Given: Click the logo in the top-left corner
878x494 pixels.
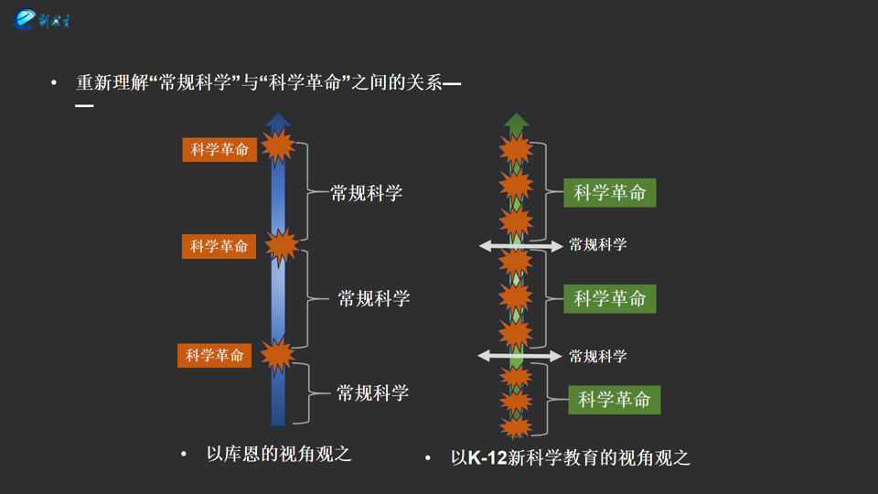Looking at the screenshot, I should click(x=41, y=19).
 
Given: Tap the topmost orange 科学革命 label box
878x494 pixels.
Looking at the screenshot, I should click(x=219, y=149).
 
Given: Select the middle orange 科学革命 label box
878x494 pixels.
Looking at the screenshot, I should click(x=219, y=246).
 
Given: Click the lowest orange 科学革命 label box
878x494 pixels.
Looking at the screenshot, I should click(x=214, y=355).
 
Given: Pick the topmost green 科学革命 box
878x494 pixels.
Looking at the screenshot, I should click(x=609, y=192).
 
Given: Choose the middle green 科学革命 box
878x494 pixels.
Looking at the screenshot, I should click(x=609, y=298).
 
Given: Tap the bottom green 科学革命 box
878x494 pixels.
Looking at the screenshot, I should click(x=614, y=400).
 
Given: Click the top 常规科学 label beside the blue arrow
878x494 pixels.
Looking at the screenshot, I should click(x=366, y=193).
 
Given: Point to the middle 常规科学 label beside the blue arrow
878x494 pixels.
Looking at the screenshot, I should click(x=373, y=298).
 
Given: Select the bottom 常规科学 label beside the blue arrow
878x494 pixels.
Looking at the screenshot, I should click(x=372, y=393).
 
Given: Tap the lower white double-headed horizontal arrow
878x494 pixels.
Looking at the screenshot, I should click(x=519, y=356).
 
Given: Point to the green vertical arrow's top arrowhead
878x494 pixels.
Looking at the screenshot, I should click(x=517, y=120).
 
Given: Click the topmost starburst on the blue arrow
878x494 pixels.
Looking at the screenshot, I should click(x=278, y=146).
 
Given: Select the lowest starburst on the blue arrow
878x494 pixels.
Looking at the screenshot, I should click(x=277, y=356).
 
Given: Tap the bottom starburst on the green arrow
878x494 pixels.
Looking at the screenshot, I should click(x=517, y=426).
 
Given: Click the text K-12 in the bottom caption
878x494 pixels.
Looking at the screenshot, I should click(x=487, y=458).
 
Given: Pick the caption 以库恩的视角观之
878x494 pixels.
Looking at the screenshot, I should click(x=279, y=454).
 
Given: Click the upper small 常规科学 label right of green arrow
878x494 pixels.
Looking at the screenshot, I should click(x=597, y=245).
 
